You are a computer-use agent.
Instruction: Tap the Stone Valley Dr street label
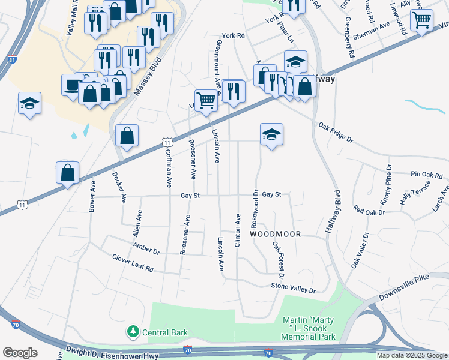tap(293, 288)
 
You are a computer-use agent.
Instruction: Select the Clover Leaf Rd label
tap(133, 262)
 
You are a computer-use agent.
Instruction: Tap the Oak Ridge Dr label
tap(336, 131)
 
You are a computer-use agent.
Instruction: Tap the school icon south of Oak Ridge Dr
tap(271, 135)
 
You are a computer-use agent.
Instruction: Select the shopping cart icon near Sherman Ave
tap(422, 20)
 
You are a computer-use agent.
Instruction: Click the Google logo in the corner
tap(20, 352)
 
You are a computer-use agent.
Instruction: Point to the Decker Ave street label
tap(120, 187)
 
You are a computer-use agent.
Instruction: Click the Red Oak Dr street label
tap(368, 210)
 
